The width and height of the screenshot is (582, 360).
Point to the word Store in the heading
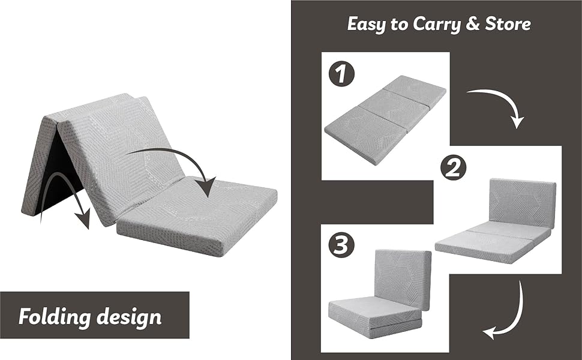509,24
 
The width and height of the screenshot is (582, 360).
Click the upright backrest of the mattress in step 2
521,202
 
